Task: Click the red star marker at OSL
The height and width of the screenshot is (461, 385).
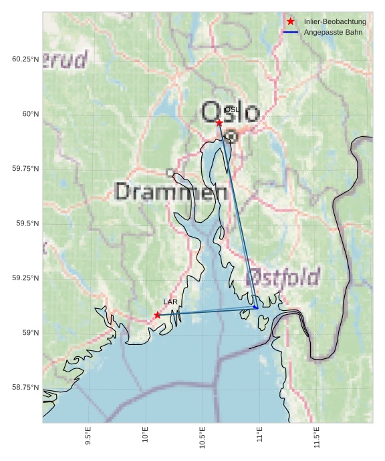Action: click(x=219, y=122)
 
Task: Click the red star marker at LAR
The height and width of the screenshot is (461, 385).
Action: click(x=157, y=315)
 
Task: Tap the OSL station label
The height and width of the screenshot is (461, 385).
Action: click(x=231, y=109)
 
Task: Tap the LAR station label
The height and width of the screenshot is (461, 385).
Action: click(x=170, y=302)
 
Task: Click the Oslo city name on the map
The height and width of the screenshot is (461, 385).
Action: click(x=230, y=112)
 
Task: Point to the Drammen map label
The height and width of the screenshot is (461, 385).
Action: click(x=171, y=192)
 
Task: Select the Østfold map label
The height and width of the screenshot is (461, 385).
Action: click(x=283, y=277)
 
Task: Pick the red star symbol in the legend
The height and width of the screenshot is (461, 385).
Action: click(x=291, y=21)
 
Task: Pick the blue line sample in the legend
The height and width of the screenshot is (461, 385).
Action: click(x=291, y=32)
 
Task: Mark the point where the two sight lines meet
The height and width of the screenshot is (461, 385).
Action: click(x=257, y=308)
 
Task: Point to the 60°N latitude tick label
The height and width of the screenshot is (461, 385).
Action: click(x=26, y=114)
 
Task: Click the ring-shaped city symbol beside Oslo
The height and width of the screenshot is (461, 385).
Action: click(x=231, y=136)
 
